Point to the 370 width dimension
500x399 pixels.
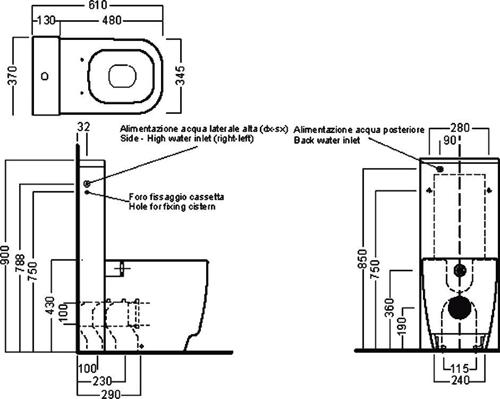(16, 76)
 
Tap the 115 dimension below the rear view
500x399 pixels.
(460, 368)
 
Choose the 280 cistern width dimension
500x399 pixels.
(460, 128)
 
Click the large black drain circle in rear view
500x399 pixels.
(459, 308)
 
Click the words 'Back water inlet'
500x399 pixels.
(327, 140)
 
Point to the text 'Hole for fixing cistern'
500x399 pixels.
(172, 206)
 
